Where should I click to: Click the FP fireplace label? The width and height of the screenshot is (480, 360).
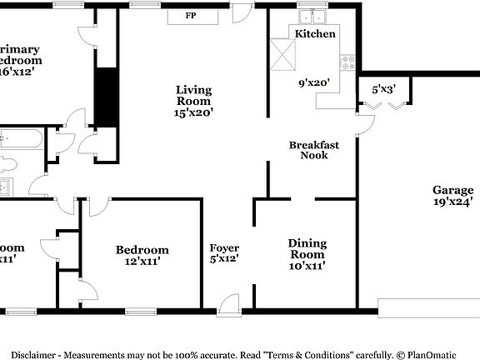point(191,16)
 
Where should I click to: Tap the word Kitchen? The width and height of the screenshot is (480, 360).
point(316,34)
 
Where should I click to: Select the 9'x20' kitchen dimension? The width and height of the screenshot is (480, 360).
point(316,82)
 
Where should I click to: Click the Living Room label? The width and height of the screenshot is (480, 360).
point(193,95)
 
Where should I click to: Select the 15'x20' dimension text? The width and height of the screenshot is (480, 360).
point(193,112)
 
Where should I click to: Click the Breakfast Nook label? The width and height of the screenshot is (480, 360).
point(314,150)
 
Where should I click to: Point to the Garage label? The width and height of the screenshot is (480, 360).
point(452,189)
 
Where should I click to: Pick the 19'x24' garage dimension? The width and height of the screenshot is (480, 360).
point(452,201)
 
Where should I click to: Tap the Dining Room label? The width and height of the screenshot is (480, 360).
point(307,248)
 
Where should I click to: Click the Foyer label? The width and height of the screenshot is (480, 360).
point(224,248)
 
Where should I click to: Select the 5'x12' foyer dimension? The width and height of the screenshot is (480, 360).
point(224,260)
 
